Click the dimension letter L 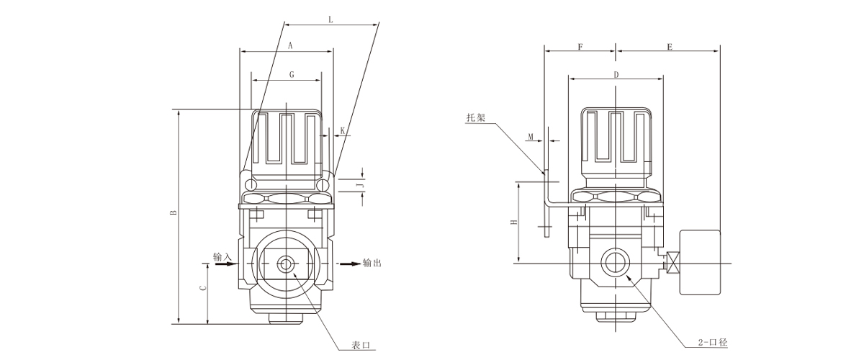(x=330, y=20)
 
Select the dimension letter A (x=289, y=45)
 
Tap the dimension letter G (x=291, y=75)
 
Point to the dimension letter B (x=172, y=213)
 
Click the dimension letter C (x=203, y=288)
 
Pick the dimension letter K (x=343, y=130)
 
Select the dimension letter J (x=363, y=185)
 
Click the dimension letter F (x=580, y=47)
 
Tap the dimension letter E (x=669, y=47)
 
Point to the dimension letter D (x=616, y=74)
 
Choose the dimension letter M (x=531, y=136)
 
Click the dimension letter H (x=513, y=222)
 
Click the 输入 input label (x=222, y=256)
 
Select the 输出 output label (x=372, y=263)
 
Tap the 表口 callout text (x=361, y=344)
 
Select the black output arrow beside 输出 (x=350, y=264)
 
